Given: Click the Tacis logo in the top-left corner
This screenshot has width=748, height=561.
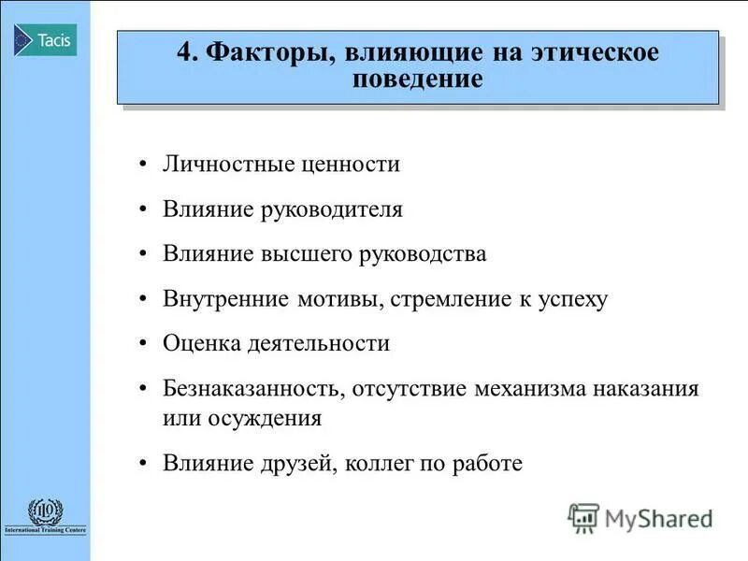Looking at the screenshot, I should (x=45, y=40).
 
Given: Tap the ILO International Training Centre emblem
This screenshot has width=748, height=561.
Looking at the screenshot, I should (x=45, y=516).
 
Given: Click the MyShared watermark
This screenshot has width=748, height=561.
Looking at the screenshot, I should (x=641, y=517).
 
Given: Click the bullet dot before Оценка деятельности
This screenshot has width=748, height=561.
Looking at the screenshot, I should (x=142, y=344).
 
